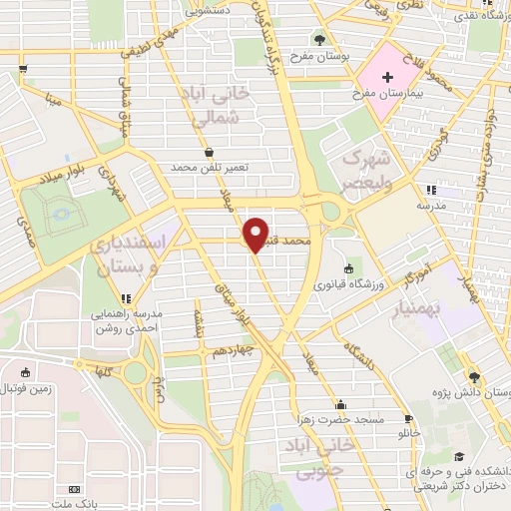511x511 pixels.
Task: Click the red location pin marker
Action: [x=256, y=234]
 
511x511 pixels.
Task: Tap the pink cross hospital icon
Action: [x=382, y=77]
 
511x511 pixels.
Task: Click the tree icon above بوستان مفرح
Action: [x=319, y=39]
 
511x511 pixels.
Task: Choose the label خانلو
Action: [x=410, y=432]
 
